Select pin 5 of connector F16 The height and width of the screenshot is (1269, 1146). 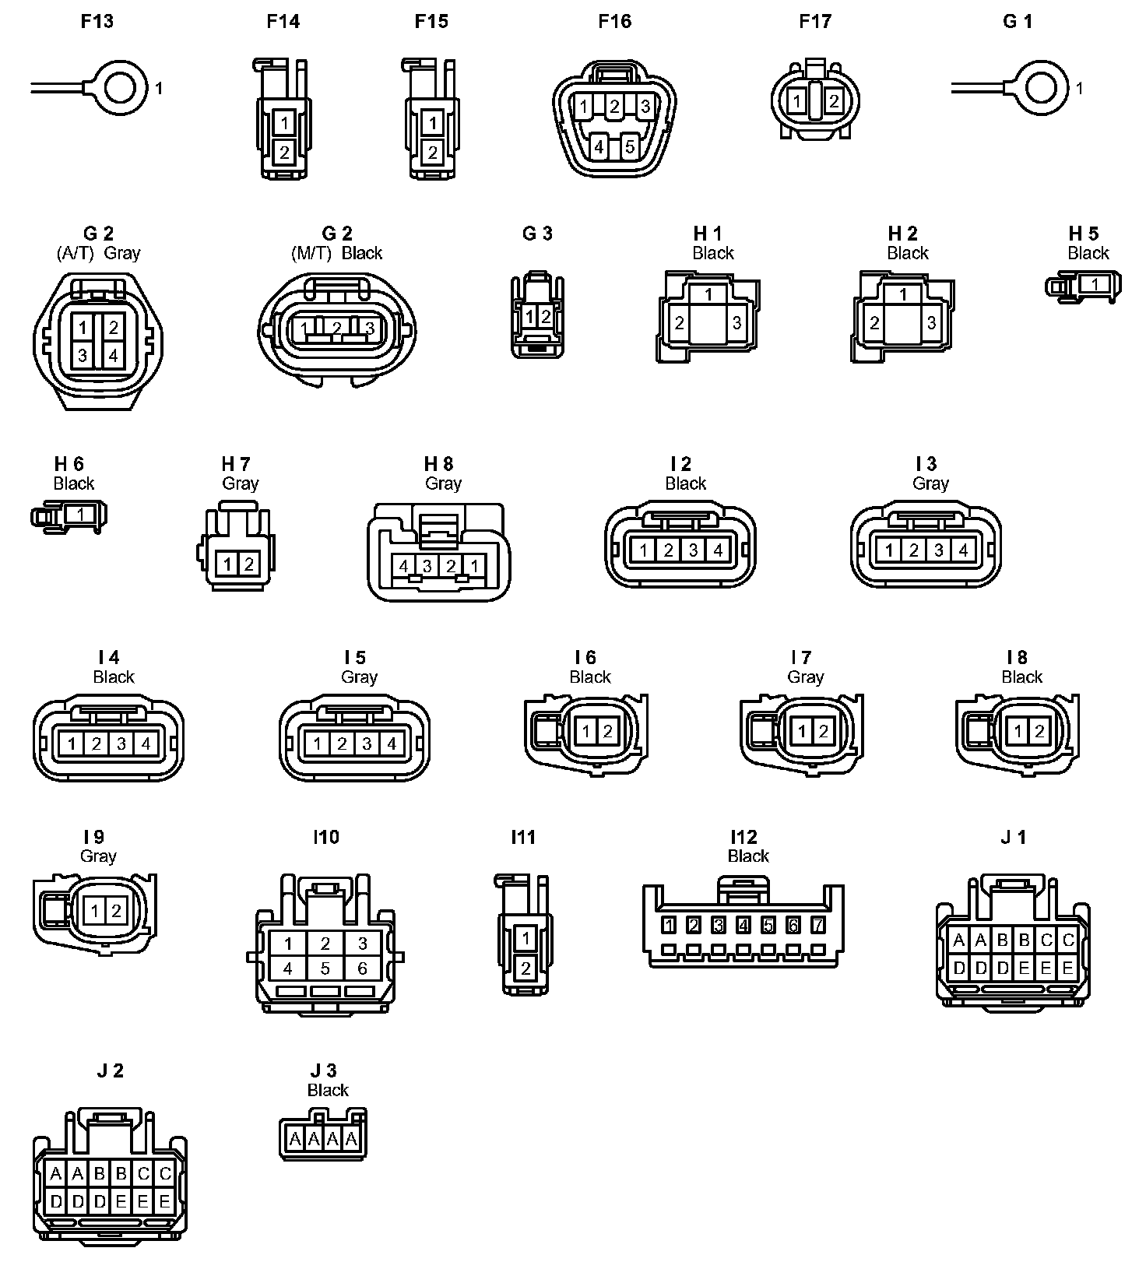click(x=630, y=146)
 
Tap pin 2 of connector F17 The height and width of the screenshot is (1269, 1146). click(x=833, y=101)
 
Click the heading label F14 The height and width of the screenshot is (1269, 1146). click(x=283, y=21)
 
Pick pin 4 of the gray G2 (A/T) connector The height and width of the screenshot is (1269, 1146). click(x=113, y=356)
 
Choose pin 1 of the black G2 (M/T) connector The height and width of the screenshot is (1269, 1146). click(x=304, y=329)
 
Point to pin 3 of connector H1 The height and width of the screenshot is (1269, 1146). click(x=736, y=322)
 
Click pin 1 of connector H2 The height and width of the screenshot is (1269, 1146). click(x=903, y=294)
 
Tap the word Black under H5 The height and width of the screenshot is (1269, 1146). click(x=1088, y=253)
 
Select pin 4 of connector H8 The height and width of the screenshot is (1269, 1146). click(x=403, y=566)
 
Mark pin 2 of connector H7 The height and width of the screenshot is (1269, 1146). click(x=248, y=564)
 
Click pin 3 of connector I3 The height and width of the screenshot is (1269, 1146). click(x=938, y=550)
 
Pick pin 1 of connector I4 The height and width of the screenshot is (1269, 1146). click(x=72, y=743)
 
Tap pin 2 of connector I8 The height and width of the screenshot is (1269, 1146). click(x=1039, y=732)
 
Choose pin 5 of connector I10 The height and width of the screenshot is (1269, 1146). click(x=325, y=968)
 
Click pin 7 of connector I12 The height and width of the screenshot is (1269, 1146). click(x=817, y=925)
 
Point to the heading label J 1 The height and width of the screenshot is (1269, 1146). click(x=1013, y=837)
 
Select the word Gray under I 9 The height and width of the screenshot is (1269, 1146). click(x=98, y=856)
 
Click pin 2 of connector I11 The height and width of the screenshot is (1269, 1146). click(x=526, y=969)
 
